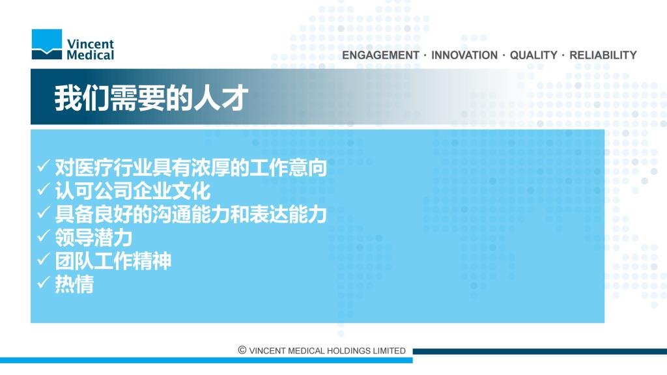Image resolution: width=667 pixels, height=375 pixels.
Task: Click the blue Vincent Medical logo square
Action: (47, 44)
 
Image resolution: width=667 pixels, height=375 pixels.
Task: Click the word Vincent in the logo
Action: (90, 44)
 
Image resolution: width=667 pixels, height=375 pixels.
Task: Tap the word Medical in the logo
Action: (90, 55)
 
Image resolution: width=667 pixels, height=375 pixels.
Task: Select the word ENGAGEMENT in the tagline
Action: (380, 55)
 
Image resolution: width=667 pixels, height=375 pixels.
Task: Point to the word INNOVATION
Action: (464, 55)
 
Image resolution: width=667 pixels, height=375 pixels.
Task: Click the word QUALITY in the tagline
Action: (533, 55)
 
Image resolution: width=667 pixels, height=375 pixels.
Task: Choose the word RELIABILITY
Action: (603, 55)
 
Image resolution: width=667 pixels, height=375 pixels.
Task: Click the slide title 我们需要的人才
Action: (151, 98)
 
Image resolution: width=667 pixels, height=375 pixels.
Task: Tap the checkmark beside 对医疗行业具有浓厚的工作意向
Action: (44, 165)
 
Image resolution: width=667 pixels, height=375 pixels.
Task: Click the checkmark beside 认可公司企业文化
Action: (44, 189)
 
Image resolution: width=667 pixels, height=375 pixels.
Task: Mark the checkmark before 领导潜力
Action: (44, 236)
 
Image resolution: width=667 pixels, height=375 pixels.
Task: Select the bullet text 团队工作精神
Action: (113, 260)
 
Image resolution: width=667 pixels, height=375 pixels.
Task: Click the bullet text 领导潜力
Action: (94, 237)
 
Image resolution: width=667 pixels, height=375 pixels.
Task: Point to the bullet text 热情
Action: (74, 284)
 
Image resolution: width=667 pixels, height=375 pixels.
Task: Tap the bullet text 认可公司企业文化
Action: (133, 191)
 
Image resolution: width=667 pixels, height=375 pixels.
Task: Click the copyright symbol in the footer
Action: (242, 350)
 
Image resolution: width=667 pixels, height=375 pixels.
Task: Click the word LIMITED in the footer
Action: (390, 351)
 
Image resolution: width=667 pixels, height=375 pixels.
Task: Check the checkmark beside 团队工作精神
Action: (44, 259)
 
